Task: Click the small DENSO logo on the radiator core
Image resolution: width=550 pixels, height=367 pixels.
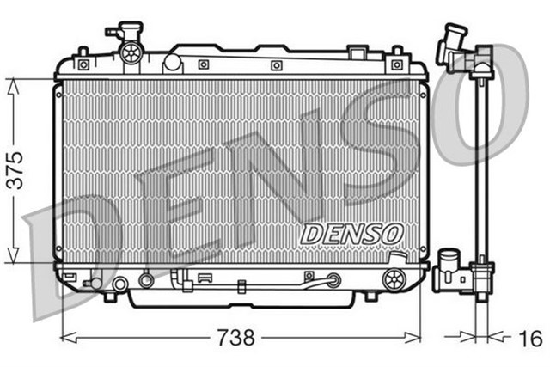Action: (x=352, y=232)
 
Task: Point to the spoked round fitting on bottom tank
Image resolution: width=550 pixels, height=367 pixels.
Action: (x=394, y=277)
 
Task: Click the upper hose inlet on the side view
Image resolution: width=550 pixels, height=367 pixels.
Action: (x=452, y=47)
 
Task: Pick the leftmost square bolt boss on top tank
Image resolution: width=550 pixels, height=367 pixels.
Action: (x=82, y=64)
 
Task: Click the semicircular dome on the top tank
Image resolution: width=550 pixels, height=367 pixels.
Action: (x=173, y=62)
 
